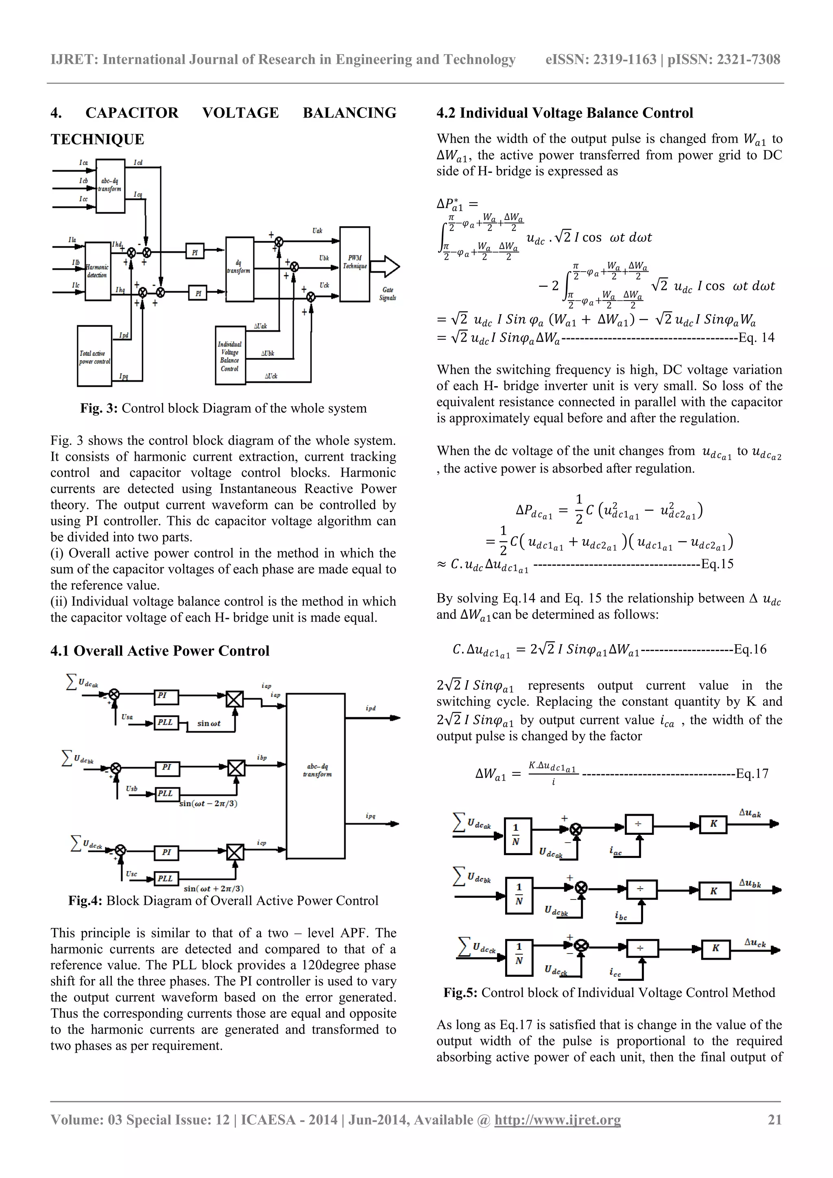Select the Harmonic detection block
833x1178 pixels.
click(98, 271)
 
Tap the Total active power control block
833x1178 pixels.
click(94, 355)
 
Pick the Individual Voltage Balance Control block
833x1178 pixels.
click(230, 355)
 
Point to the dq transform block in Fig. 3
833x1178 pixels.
click(239, 269)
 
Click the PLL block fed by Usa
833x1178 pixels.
click(165, 723)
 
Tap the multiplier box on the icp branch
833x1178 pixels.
click(235, 853)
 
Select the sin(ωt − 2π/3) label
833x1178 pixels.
click(208, 803)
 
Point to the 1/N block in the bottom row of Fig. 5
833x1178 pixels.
click(519, 955)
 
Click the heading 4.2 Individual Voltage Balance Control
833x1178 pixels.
click(565, 113)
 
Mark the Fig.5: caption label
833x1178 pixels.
click(460, 993)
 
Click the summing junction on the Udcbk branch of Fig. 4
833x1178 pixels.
click(116, 768)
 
